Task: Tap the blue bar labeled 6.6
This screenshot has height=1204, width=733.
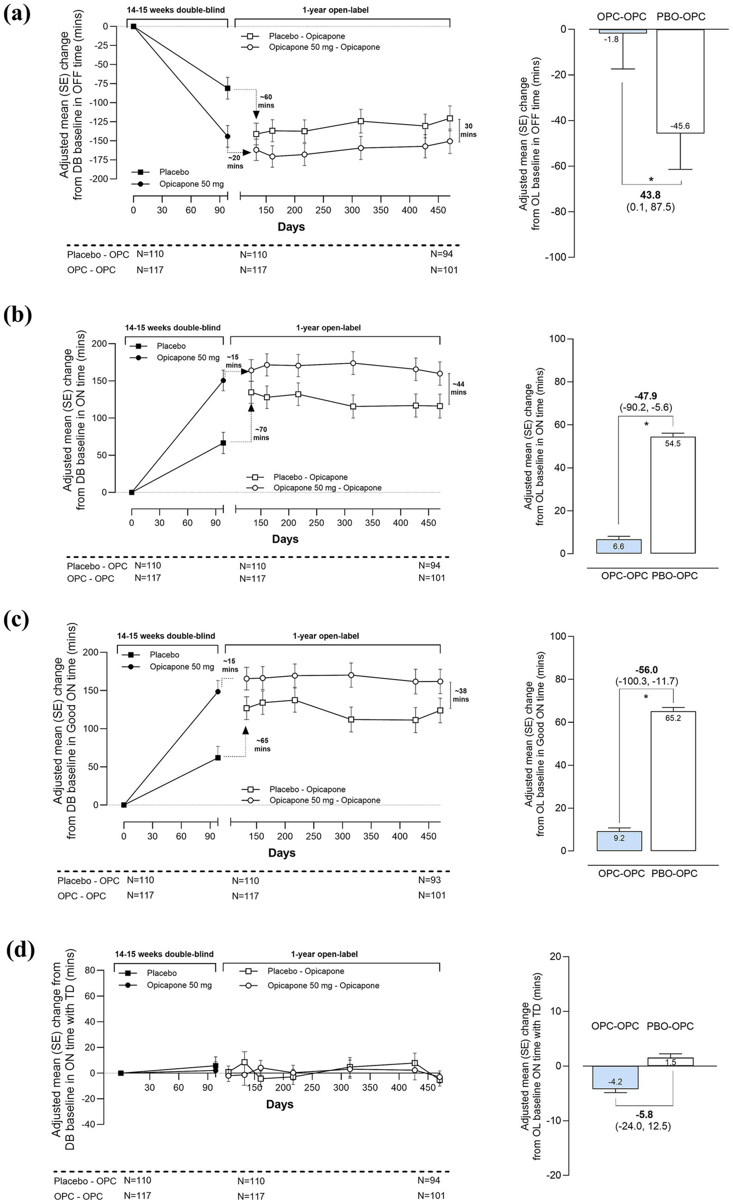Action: pos(618,546)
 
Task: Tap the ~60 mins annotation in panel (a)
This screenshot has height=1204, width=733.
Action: pos(266,101)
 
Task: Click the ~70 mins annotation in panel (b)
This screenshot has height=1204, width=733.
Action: pos(261,433)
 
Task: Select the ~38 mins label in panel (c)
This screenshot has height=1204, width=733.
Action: pos(461,695)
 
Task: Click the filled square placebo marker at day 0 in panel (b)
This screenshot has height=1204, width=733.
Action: pos(131,492)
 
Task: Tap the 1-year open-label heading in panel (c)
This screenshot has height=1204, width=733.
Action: pos(326,636)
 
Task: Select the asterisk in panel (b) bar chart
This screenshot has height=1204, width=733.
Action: pos(646,424)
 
